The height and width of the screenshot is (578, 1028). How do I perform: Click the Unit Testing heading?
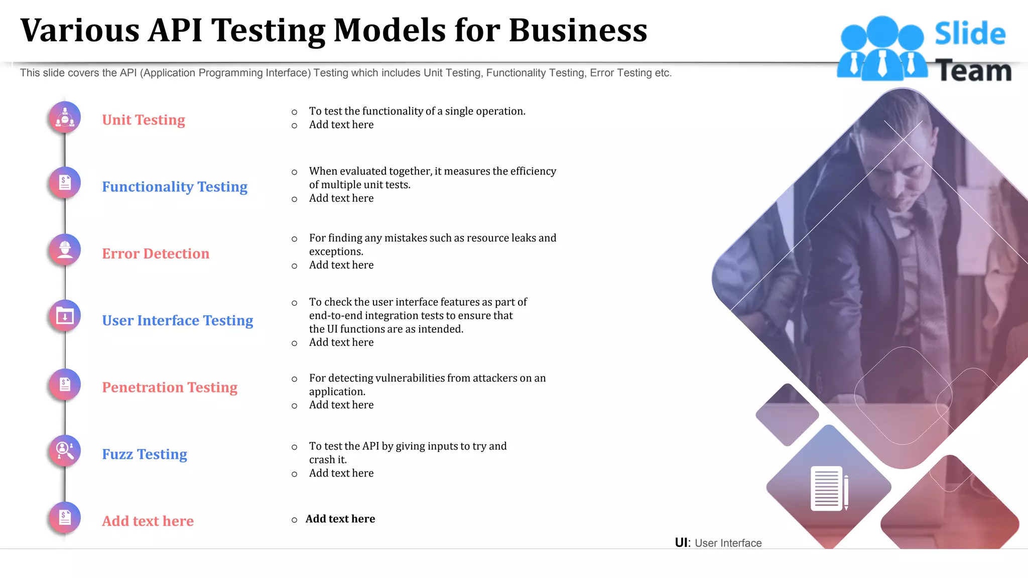pos(144,120)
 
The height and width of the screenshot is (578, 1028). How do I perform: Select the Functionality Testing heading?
pos(175,187)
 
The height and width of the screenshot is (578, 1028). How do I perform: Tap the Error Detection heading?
pos(156,253)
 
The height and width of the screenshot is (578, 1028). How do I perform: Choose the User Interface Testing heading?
pos(178,320)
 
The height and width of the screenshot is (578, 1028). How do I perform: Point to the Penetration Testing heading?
pos(170,387)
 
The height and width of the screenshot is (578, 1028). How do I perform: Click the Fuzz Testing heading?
pos(145,454)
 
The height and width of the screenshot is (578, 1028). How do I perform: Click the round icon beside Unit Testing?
pos(65,118)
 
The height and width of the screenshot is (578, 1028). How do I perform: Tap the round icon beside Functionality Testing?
pos(65,183)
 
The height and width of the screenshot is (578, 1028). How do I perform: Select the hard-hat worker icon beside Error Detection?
pos(65,249)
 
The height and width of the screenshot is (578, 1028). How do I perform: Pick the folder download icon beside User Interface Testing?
pos(65,316)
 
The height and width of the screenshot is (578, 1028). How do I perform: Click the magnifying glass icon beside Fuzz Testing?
pos(65,451)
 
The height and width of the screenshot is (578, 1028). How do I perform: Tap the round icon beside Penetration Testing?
pos(65,385)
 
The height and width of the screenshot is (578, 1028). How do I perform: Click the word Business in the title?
pos(578,30)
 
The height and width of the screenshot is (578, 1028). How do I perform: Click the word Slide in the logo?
pos(970,34)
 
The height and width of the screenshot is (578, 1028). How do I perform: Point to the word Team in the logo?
pos(973,71)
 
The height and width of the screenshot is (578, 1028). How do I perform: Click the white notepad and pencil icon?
pos(829,488)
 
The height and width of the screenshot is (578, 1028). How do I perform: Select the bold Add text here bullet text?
pos(340,519)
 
